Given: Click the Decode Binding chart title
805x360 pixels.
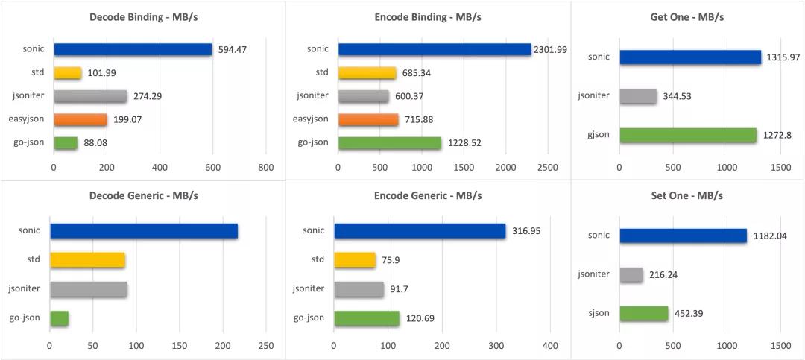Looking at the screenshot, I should coord(142,18).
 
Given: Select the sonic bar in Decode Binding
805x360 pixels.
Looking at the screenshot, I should coord(133,50).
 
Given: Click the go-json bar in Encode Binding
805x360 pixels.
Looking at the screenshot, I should coord(390,143).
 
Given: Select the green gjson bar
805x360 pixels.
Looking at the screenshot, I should coord(688,135).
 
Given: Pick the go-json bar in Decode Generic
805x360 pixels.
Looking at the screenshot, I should coord(59,318).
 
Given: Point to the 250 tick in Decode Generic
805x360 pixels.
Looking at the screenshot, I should coord(266,346).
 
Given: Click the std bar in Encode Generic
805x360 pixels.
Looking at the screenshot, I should coord(355,260).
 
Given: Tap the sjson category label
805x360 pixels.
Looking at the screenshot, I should coord(598,314).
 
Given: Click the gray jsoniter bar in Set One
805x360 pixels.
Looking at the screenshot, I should coord(631,275).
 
